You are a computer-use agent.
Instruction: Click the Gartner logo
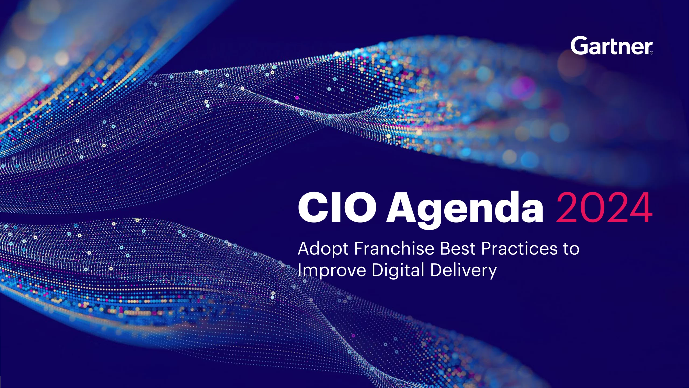click(x=611, y=46)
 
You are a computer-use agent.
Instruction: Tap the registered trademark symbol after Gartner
click(x=651, y=53)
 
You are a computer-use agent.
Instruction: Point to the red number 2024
click(x=604, y=207)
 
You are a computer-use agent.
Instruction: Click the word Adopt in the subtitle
click(x=323, y=249)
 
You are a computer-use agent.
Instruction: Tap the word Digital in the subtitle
click(x=398, y=270)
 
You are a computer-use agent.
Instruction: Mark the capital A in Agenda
click(x=401, y=207)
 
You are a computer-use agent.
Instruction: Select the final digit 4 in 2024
click(x=641, y=207)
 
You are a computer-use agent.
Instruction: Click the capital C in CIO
click(x=312, y=207)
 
